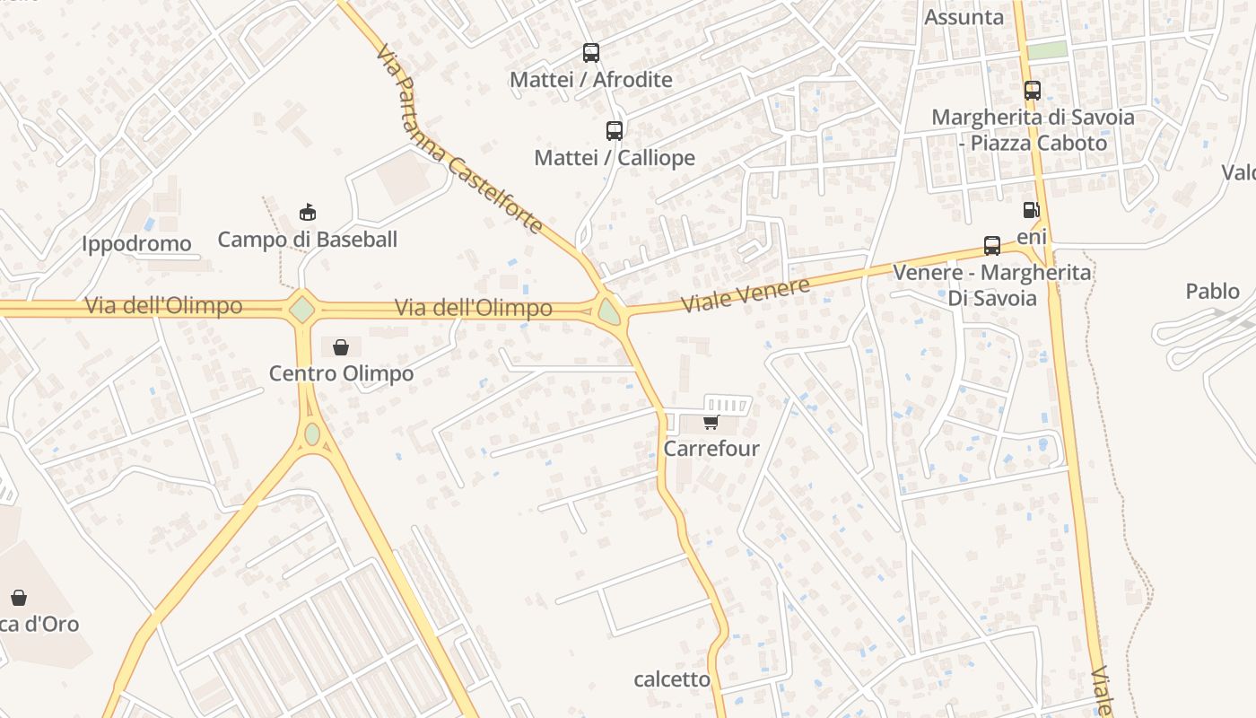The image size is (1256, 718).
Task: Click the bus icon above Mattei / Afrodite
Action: (x=590, y=53)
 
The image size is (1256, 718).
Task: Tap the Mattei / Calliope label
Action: (x=615, y=158)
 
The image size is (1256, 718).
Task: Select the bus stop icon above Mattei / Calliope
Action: (x=614, y=131)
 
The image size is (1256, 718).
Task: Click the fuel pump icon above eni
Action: (x=1032, y=210)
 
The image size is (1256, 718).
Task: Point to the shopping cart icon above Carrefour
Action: (x=711, y=422)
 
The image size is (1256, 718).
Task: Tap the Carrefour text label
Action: (x=711, y=448)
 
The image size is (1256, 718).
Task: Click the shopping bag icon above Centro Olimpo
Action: (x=341, y=346)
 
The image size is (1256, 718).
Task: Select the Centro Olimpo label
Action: (x=341, y=373)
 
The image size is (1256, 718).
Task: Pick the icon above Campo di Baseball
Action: (x=307, y=213)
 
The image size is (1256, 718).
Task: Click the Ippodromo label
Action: (x=136, y=243)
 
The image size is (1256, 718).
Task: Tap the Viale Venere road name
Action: (x=746, y=294)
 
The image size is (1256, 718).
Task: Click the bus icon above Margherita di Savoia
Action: (x=1032, y=91)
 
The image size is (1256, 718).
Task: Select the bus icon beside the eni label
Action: (x=991, y=245)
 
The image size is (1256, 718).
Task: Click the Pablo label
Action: (x=1212, y=291)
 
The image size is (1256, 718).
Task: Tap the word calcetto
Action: (x=672, y=679)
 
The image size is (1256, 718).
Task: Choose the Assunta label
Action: (x=964, y=17)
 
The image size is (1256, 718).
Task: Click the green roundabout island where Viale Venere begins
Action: (x=610, y=312)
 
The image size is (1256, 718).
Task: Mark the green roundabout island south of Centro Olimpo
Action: (x=311, y=433)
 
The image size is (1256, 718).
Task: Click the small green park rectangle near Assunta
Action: (x=1047, y=50)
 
